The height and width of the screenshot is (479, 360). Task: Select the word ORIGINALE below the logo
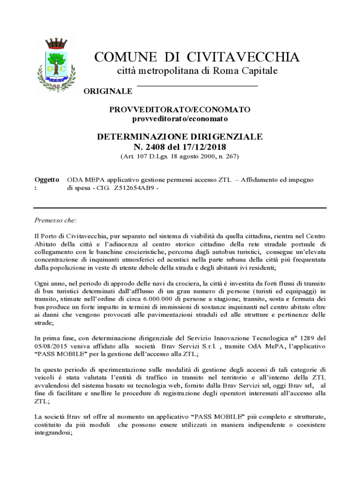108,91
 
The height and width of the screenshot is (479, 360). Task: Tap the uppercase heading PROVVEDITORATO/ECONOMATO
180,109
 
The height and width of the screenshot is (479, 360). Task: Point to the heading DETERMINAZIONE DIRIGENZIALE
180,137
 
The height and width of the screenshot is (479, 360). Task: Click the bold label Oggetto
47,180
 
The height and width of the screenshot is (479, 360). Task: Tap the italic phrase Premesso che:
56,220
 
